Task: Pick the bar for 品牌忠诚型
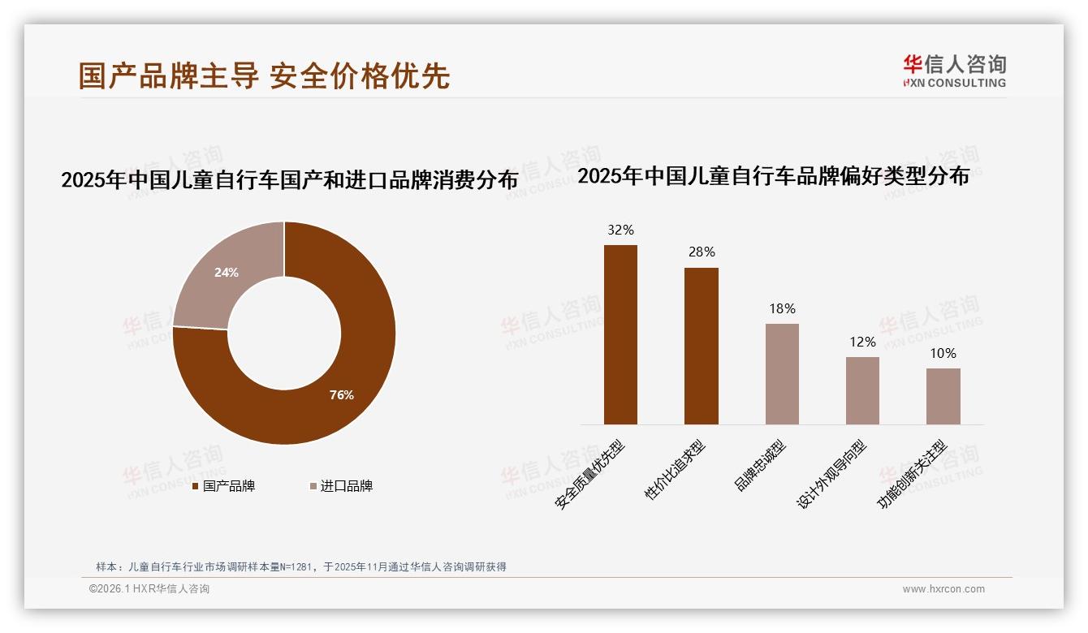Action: click(782, 373)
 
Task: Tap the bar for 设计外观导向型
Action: click(862, 390)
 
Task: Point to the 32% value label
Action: click(620, 230)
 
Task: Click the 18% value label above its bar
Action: click(782, 308)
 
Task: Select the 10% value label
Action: click(943, 353)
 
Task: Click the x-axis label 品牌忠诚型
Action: click(761, 466)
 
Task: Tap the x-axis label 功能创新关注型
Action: click(913, 476)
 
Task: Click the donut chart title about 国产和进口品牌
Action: click(289, 179)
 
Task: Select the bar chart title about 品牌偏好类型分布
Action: click(773, 176)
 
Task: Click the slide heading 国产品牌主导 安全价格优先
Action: click(264, 75)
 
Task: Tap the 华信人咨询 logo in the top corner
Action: click(954, 71)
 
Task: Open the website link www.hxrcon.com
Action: click(943, 589)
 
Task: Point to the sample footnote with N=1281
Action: click(301, 566)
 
